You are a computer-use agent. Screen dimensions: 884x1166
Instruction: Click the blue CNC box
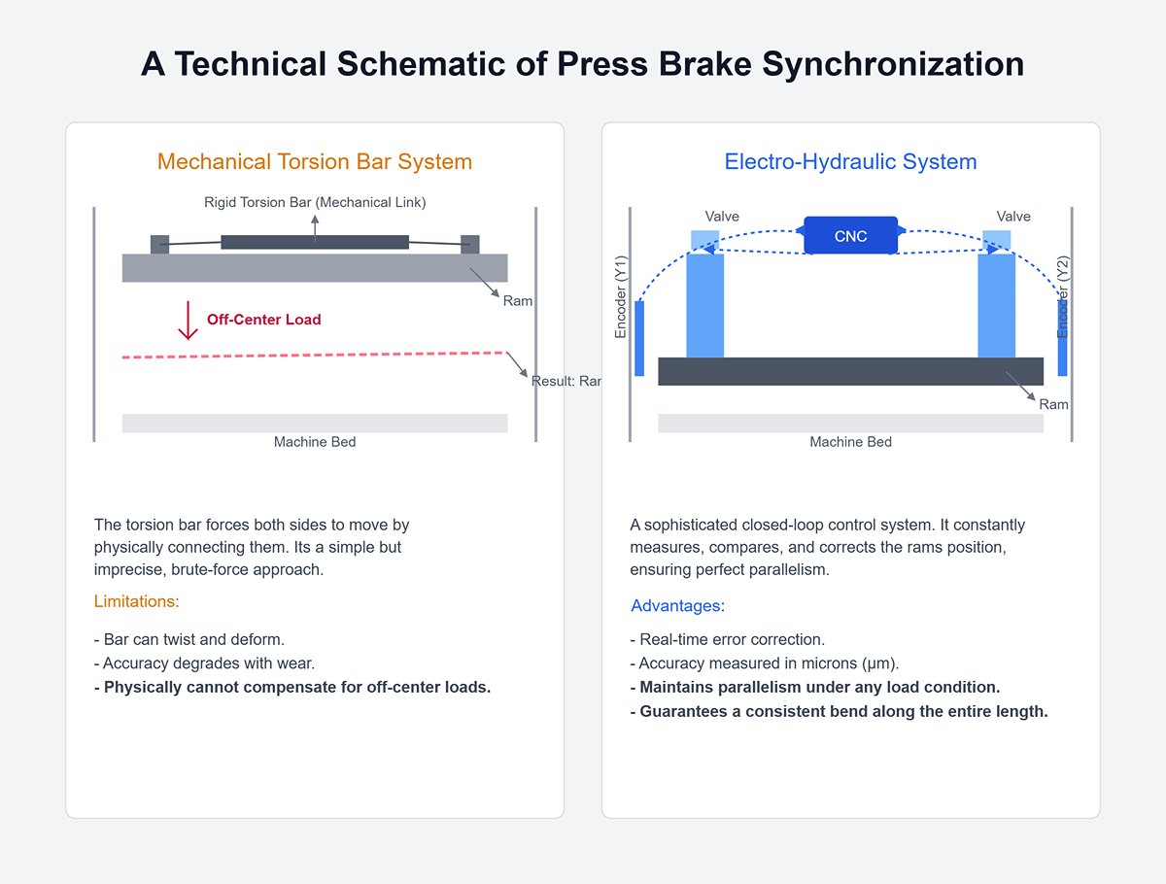tap(850, 236)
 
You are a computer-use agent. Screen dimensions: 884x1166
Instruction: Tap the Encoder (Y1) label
tap(622, 297)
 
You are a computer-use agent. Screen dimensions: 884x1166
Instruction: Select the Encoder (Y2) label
tap(1063, 297)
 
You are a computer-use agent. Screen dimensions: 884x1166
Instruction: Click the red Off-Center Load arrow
tap(189, 321)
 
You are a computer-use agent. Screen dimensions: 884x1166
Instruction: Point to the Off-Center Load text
tap(263, 320)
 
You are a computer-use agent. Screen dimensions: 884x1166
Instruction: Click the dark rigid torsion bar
tap(315, 242)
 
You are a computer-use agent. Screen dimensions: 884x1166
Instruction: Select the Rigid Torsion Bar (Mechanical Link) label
tap(315, 202)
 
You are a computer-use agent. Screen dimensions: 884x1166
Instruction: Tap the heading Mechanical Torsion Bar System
tap(315, 161)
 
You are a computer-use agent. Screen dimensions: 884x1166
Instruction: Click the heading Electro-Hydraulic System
tap(850, 161)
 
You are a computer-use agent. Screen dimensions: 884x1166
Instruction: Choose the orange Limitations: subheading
tap(137, 601)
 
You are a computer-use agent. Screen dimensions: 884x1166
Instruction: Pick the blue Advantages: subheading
tap(677, 606)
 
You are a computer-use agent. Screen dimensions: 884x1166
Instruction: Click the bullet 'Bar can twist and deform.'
tap(189, 639)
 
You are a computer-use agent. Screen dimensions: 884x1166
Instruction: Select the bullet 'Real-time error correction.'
tap(728, 639)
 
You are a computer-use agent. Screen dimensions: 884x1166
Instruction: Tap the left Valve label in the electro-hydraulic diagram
tap(722, 217)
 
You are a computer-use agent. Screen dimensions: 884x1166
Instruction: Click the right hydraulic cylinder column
tap(996, 304)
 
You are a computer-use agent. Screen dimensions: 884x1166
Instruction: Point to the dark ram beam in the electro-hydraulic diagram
tap(850, 371)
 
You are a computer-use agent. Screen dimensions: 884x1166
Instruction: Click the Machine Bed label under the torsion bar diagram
tap(315, 442)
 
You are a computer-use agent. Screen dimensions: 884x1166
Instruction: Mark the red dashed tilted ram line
tap(315, 356)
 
